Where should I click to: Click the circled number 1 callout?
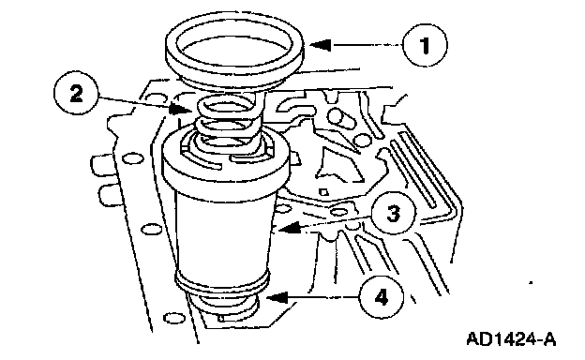point(425,45)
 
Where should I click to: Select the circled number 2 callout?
point(76,93)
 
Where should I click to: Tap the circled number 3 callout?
point(393,214)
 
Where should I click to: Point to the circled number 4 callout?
point(381,297)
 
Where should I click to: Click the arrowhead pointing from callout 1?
point(320,45)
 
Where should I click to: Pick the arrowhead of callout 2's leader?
point(179,109)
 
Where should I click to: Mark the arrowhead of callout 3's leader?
point(290,227)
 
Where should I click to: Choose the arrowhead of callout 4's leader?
point(277,297)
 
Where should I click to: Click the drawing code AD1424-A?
point(511,339)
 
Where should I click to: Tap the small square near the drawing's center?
point(323,192)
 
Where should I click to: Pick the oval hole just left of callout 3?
point(339,212)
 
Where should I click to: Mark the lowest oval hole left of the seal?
point(172,318)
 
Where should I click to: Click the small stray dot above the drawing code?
point(531,282)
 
